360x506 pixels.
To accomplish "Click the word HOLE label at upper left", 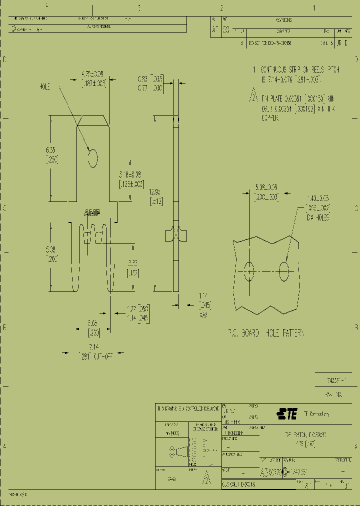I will pos(45,86).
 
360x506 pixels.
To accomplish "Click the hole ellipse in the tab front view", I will pos(92,158).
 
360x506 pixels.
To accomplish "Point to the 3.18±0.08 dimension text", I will pos(131,178).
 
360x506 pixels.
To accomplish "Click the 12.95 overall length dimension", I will pos(156,196).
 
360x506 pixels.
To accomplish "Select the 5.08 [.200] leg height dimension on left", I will pos(51,254).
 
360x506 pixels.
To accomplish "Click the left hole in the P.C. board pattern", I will pos(249,271).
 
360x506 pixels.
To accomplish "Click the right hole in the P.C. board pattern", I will pos(284,271).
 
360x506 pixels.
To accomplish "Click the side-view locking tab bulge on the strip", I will pos(175,234).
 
